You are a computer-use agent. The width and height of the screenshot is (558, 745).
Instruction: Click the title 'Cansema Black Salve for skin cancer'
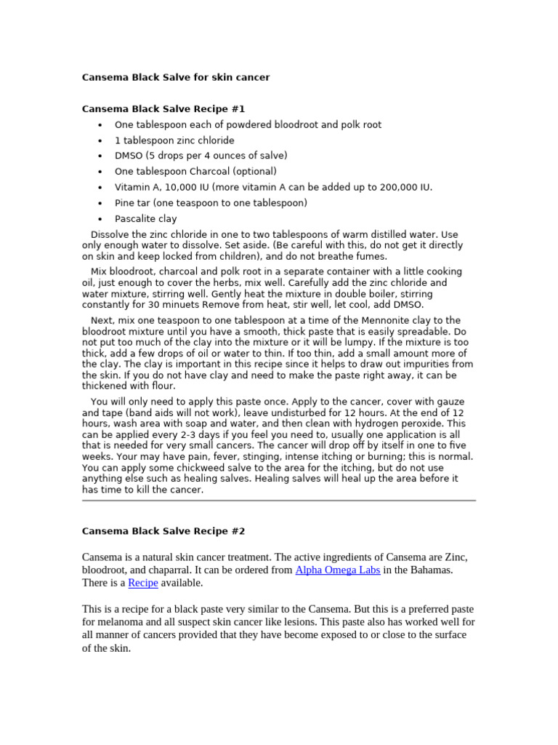tap(175, 77)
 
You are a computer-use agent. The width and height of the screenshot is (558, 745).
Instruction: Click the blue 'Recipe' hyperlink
tap(143, 583)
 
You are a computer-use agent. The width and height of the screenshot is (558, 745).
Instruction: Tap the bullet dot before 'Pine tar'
tap(100, 203)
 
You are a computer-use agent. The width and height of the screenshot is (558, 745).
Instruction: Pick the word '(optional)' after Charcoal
tap(254, 172)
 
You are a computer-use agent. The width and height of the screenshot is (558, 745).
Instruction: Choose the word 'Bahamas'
tap(432, 570)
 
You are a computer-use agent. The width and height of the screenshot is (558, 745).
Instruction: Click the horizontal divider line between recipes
tap(278, 501)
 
